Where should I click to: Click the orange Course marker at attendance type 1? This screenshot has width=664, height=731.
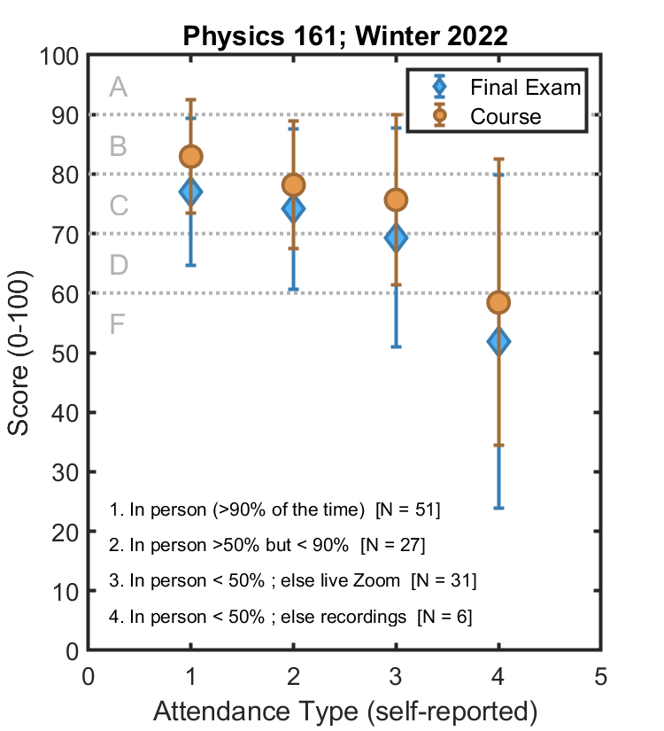click(191, 157)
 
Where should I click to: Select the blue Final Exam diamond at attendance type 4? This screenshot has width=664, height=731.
click(498, 341)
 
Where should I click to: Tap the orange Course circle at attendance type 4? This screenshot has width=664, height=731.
click(498, 302)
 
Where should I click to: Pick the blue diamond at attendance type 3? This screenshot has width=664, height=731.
click(396, 237)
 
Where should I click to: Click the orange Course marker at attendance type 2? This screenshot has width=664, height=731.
click(293, 185)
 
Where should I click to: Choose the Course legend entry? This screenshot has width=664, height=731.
click(506, 116)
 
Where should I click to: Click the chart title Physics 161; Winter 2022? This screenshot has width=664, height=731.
click(345, 36)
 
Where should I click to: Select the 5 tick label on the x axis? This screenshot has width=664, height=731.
click(600, 678)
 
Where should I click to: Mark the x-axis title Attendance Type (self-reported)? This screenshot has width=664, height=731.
click(345, 712)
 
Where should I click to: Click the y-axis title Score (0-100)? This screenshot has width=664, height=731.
click(19, 353)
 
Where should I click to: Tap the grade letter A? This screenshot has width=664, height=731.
click(119, 87)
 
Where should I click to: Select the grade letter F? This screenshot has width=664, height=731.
click(119, 324)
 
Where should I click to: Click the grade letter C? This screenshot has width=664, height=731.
click(119, 206)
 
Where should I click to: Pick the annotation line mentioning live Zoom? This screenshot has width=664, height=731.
click(293, 580)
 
